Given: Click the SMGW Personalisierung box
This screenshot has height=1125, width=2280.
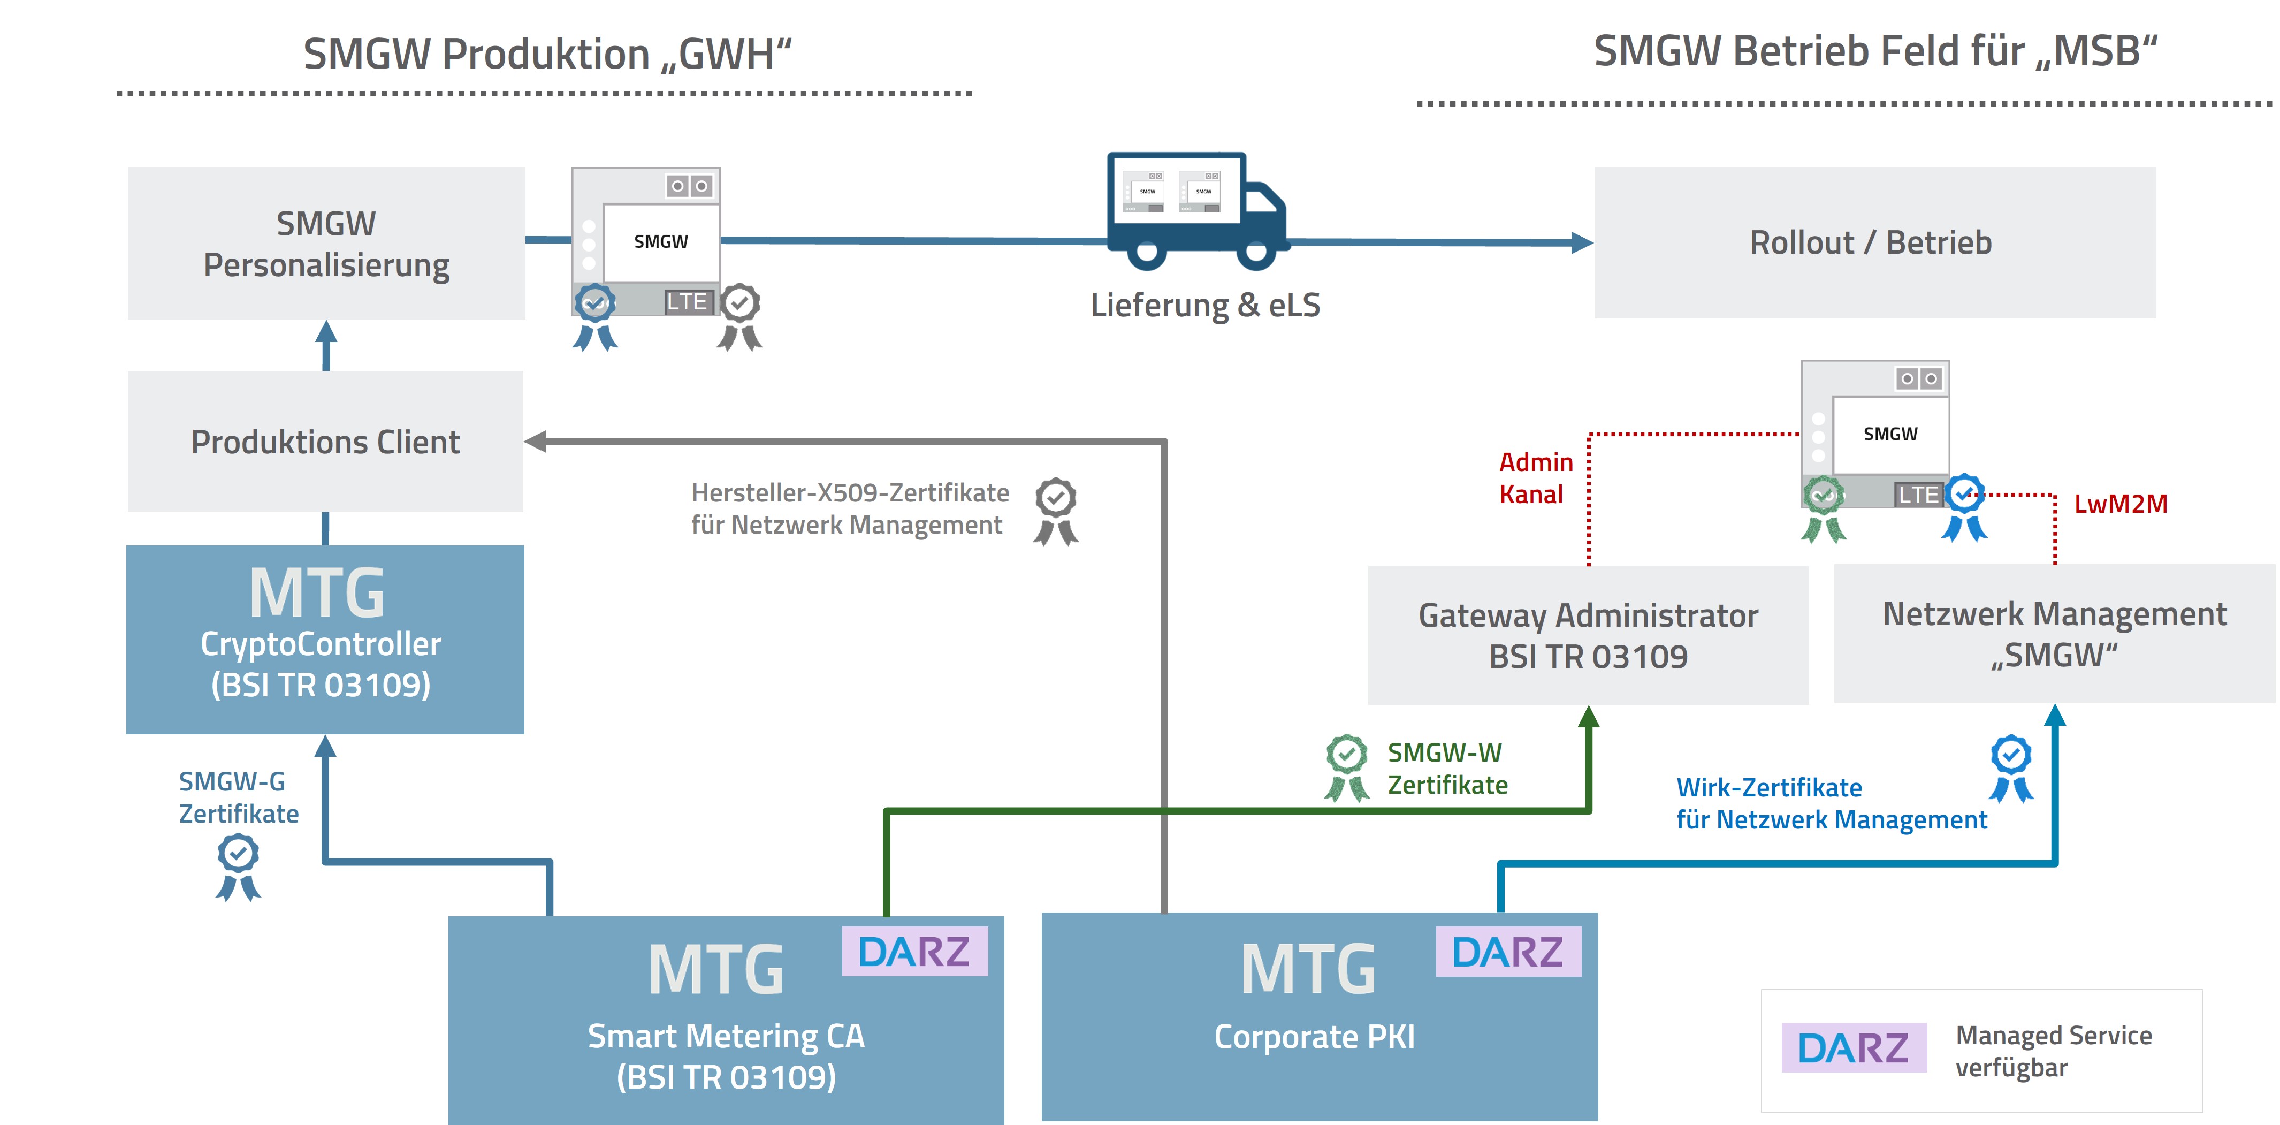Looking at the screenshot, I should [x=326, y=244].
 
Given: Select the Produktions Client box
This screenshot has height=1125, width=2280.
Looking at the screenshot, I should [x=326, y=442].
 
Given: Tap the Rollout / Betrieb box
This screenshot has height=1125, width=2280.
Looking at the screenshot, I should [x=1874, y=242].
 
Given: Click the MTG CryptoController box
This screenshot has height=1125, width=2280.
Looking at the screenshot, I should [x=325, y=639].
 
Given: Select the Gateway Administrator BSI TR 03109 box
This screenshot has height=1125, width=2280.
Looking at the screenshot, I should [x=1588, y=635].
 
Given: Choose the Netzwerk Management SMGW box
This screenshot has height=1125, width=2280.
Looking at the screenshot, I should [x=2054, y=634].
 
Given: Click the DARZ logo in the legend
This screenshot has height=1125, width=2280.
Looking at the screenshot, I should [x=1854, y=1048].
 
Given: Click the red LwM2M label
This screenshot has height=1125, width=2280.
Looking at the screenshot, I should [x=2121, y=504].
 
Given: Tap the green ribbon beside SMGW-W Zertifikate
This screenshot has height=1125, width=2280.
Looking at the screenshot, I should [x=1346, y=766].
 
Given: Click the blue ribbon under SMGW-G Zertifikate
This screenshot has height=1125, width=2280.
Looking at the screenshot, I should [x=238, y=868].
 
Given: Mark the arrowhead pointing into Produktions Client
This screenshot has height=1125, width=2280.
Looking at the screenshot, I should [x=536, y=441].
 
